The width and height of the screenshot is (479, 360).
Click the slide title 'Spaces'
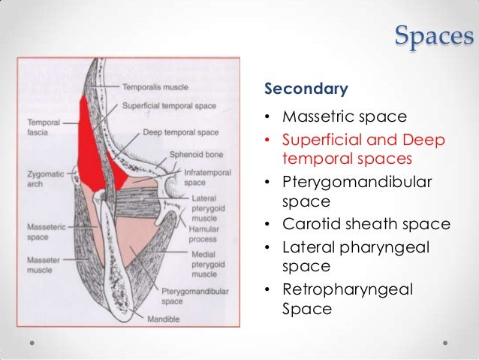(433, 35)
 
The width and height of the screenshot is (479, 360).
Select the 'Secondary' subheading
(306, 90)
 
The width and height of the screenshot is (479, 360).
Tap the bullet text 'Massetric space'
(344, 118)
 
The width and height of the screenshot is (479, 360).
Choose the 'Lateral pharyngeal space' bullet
(355, 256)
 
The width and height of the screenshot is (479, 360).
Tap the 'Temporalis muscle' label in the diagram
(156, 87)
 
